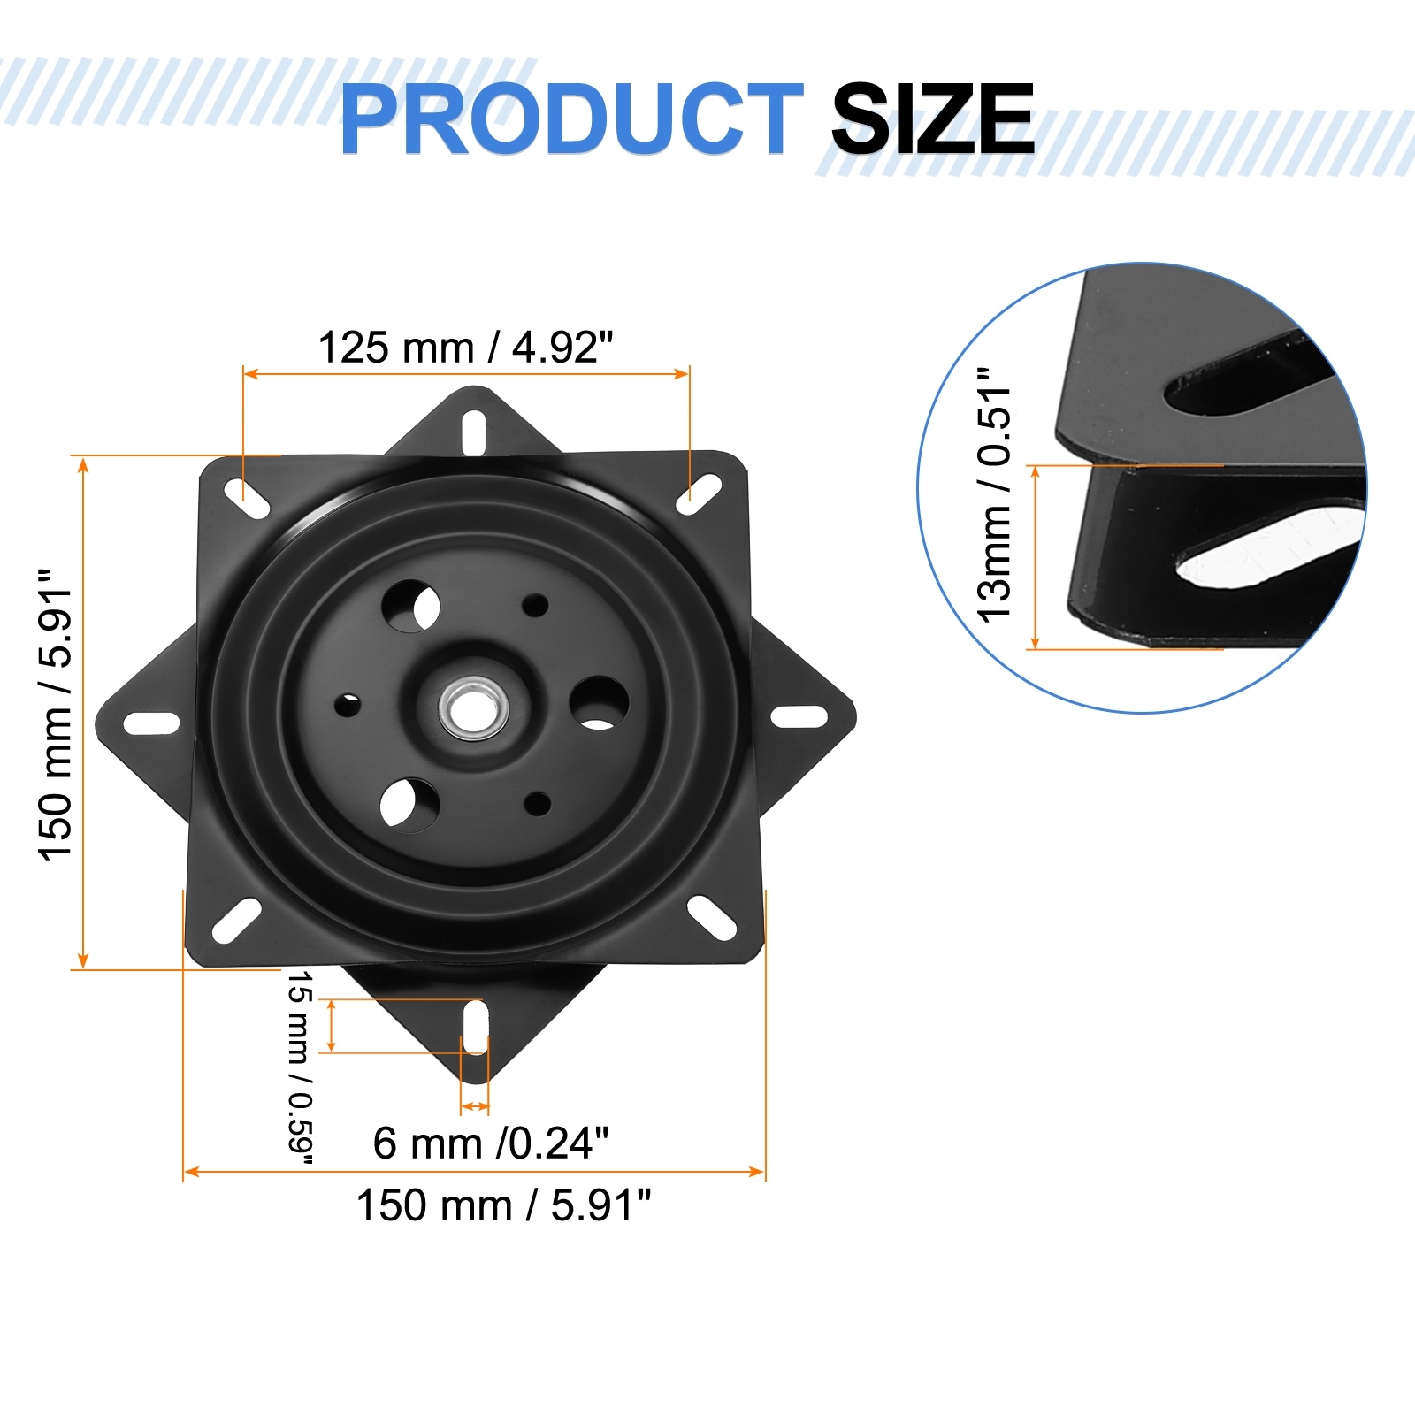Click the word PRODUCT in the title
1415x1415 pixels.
pos(571,119)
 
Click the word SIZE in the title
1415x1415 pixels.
pos(933,119)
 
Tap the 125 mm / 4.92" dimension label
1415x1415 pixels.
pos(466,348)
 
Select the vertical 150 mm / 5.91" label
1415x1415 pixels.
pos(55,715)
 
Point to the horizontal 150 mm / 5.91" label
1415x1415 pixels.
pos(503,1205)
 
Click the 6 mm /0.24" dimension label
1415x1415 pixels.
pos(491,1143)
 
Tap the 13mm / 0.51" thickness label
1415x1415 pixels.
pos(994,494)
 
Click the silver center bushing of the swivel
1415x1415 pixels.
pos(474,707)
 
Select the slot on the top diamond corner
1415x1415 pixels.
pos(474,433)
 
